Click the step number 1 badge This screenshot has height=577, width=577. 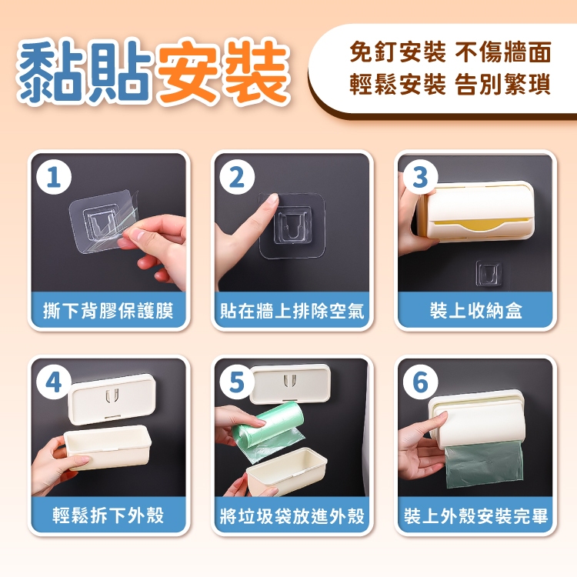click(54, 178)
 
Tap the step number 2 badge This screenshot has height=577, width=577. click(237, 178)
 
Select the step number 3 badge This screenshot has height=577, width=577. click(420, 178)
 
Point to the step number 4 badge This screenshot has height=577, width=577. click(54, 382)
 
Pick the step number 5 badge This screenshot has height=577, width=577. click(237, 382)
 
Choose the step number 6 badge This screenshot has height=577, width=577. click(420, 382)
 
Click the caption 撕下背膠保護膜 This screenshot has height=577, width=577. click(108, 311)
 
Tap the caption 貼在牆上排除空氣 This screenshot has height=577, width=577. click(292, 311)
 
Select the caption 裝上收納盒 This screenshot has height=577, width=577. click(475, 311)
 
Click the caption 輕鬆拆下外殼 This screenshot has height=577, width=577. click(108, 515)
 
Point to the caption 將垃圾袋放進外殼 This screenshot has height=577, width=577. click(292, 515)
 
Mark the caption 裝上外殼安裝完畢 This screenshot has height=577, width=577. click(475, 515)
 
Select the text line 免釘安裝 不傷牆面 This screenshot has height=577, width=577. click(450, 52)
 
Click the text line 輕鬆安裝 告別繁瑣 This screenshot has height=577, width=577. click(450, 85)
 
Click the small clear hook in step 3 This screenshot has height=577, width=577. click(489, 273)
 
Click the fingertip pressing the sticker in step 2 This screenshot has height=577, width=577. click(272, 201)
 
